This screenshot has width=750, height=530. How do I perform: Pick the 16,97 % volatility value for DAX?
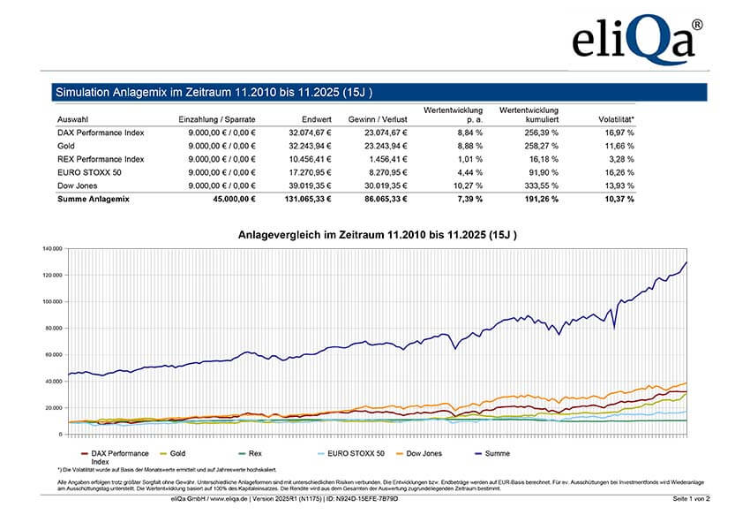pos(616,132)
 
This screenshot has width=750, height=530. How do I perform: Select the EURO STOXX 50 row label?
pos(86,172)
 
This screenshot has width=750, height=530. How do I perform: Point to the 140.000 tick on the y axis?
pos(51,248)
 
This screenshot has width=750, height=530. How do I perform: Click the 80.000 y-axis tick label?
pos(53,329)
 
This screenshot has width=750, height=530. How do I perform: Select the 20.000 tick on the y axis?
pos(53,408)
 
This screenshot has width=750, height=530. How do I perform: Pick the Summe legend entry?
pos(499,453)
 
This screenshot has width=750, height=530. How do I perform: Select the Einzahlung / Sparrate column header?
pos(217,118)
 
